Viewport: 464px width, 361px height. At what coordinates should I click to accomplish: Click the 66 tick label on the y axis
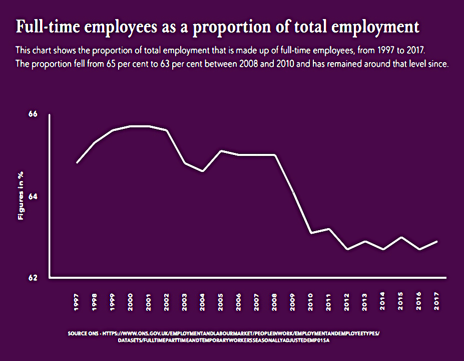pos(33,114)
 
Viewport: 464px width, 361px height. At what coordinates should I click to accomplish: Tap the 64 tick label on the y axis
pos(33,197)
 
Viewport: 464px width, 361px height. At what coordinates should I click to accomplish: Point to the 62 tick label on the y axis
pos(33,278)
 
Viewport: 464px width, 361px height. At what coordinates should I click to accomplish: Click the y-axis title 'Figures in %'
pos(21,196)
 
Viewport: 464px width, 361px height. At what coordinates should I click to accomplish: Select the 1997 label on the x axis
pos(77,302)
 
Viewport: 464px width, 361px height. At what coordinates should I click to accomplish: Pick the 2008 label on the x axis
pos(275,302)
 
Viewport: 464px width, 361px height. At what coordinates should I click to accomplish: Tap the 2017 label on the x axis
pos(436,301)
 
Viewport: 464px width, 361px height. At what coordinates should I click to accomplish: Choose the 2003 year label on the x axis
pos(185,302)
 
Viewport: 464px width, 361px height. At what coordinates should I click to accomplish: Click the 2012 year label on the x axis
pos(346,302)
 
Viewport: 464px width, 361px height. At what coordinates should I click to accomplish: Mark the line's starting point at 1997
pos(77,163)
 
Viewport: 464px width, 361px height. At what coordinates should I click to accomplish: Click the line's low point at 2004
pos(203,171)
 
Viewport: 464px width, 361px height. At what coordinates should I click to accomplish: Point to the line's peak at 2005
pos(221,151)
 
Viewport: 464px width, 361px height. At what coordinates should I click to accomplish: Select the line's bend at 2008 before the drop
pos(275,155)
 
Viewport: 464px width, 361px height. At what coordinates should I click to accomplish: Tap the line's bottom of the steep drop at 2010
pos(311,233)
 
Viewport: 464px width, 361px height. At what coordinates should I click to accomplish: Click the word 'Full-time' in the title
pos(48,27)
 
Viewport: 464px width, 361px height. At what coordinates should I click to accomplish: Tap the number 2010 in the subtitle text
pos(285,64)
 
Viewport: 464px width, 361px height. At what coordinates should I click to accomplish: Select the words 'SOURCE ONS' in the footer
pos(83,333)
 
